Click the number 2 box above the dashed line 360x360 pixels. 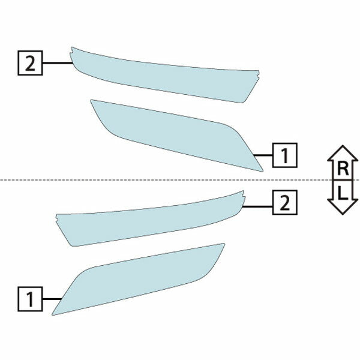coord(30,63)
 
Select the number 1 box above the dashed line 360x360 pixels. coord(284,155)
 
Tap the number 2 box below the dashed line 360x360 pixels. coord(284,203)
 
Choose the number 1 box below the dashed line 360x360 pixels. coord(30,299)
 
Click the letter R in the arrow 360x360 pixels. coord(343,169)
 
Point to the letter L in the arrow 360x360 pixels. coord(342,193)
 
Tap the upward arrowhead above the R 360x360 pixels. coord(343,152)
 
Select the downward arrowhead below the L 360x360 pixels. coord(343,207)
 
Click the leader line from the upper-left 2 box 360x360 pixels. coord(58,62)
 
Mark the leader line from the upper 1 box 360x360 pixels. coord(263,155)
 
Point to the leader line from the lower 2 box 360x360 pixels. coord(257,206)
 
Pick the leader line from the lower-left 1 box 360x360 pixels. coord(52,299)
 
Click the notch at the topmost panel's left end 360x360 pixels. coord(71,53)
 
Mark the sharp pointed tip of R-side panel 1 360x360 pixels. coord(262,171)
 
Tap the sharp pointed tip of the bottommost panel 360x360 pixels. coord(53,314)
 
